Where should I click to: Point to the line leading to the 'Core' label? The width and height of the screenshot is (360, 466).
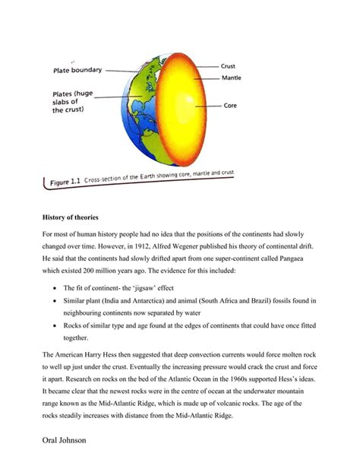click(207, 106)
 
